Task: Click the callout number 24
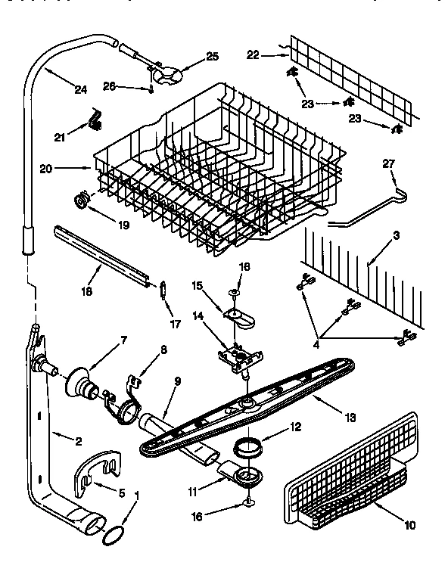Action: coord(81,89)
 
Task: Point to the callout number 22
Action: coord(253,54)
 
